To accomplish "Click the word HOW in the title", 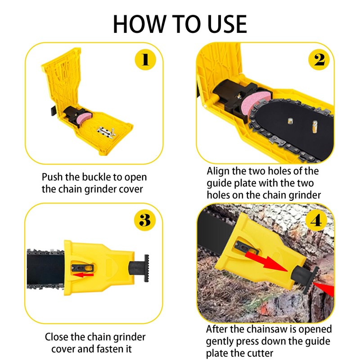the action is click(x=139, y=24).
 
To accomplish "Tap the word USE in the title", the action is click(x=227, y=24).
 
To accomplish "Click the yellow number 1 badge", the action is click(x=145, y=60).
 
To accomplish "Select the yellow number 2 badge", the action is click(x=319, y=60).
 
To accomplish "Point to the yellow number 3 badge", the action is click(x=145, y=220).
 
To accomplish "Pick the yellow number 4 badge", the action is click(x=316, y=221).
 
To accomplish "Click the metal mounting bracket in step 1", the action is click(x=106, y=133).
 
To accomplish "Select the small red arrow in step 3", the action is click(x=83, y=274).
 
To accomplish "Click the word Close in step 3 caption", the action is click(x=57, y=337).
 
